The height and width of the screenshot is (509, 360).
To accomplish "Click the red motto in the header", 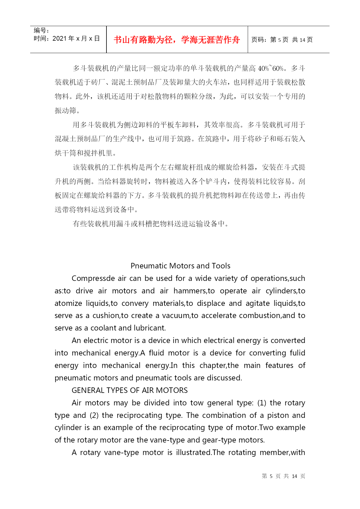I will click(177, 40).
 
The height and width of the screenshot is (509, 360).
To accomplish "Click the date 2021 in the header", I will click(59, 39).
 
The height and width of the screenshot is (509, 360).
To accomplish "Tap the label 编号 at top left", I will click(40, 30).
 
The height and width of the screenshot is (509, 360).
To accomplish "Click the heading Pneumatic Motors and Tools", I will click(180, 266).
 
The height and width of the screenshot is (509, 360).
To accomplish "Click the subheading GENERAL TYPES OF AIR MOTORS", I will click(130, 390).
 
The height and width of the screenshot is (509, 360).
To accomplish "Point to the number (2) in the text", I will click(94, 415).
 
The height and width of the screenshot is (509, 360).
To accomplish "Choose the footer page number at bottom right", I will click(283, 476).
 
